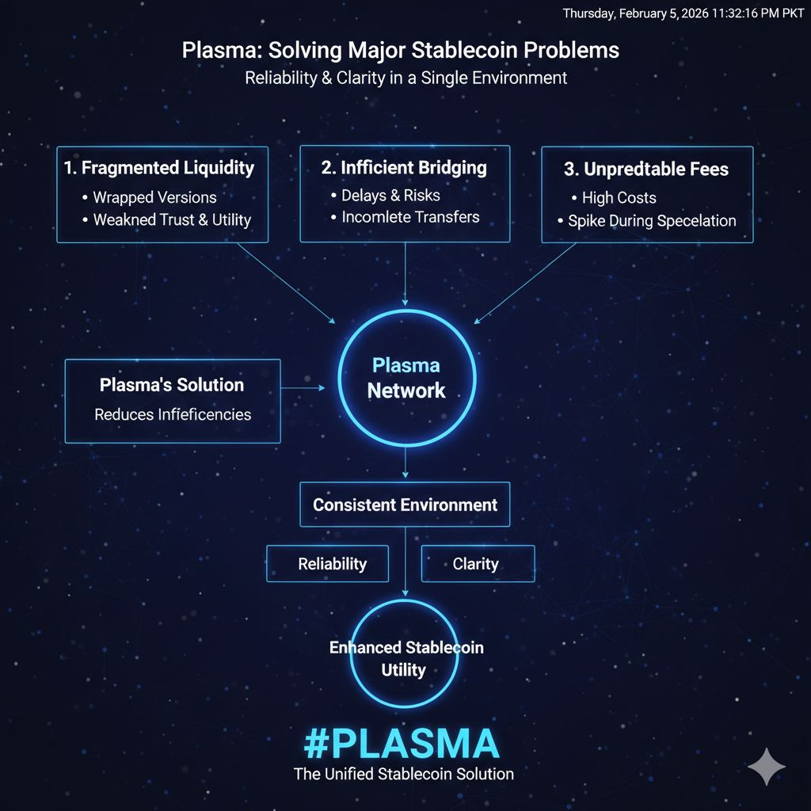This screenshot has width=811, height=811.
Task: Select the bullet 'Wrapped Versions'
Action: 154,197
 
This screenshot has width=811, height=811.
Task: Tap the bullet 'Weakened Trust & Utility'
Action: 172,220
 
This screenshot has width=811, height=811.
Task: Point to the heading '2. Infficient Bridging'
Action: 404,168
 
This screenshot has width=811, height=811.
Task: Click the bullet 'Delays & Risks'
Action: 390,195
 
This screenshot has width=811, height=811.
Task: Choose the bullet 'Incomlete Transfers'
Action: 410,217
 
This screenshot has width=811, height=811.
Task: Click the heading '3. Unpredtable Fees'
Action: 647,169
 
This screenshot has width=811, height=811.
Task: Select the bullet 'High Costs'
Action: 619,198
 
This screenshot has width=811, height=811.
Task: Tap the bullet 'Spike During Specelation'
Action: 652,221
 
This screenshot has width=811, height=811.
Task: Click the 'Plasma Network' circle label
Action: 406,379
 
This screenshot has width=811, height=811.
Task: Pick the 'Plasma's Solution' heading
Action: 172,386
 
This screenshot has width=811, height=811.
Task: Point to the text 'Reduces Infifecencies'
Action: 173,414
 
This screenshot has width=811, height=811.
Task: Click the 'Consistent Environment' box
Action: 405,504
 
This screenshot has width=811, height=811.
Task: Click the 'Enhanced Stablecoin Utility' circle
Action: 405,658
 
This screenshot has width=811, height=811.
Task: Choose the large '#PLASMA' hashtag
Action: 402,744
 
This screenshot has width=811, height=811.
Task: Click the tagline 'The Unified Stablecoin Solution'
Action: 403,774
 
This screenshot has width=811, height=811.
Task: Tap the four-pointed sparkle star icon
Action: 766,766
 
